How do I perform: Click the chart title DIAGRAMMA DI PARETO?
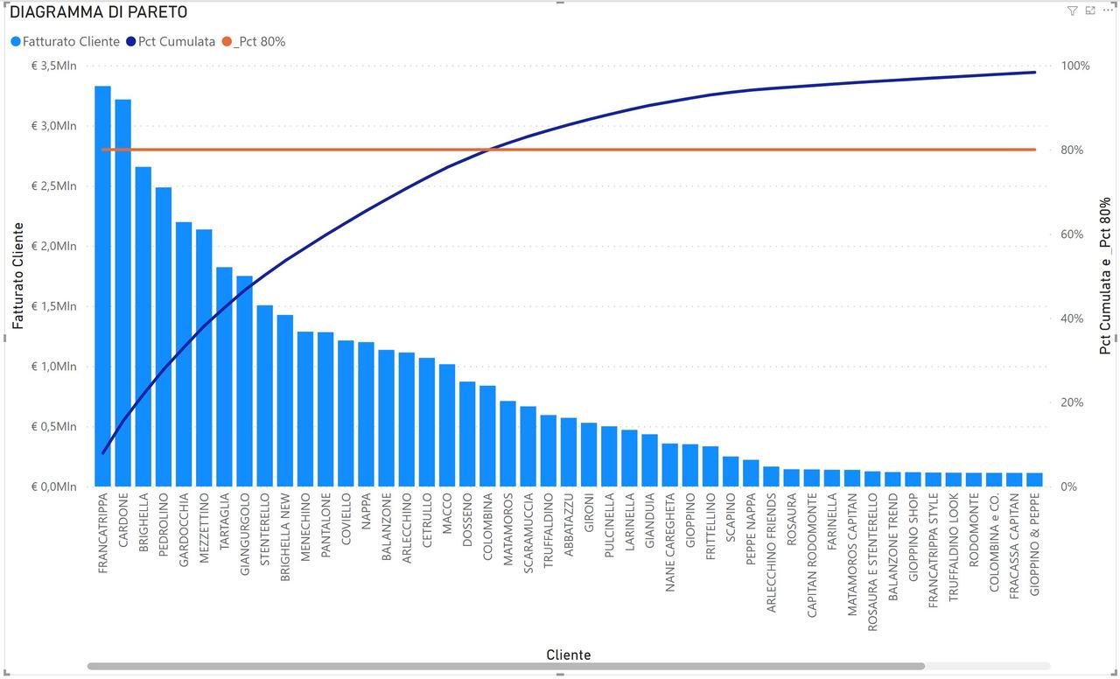98,12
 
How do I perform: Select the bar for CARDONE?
122,292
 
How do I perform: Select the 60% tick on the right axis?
1072,234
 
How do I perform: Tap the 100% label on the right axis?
1074,66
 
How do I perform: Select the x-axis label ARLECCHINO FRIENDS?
771,552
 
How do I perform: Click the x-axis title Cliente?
568,654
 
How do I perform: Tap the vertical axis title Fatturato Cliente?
18,276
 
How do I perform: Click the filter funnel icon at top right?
1072,10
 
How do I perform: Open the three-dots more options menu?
1108,10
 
